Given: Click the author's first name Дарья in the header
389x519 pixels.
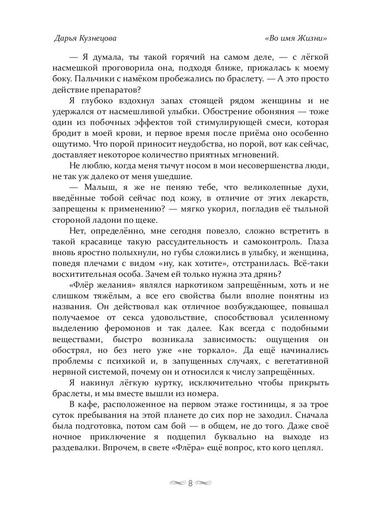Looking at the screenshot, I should coord(65,38).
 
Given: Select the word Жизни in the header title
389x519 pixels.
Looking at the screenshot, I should coord(312,38).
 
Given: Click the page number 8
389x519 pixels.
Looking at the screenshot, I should coord(191,483).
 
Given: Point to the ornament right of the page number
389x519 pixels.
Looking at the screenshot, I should coord(204,483).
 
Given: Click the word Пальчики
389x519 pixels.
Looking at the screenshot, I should coord(89,79).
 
